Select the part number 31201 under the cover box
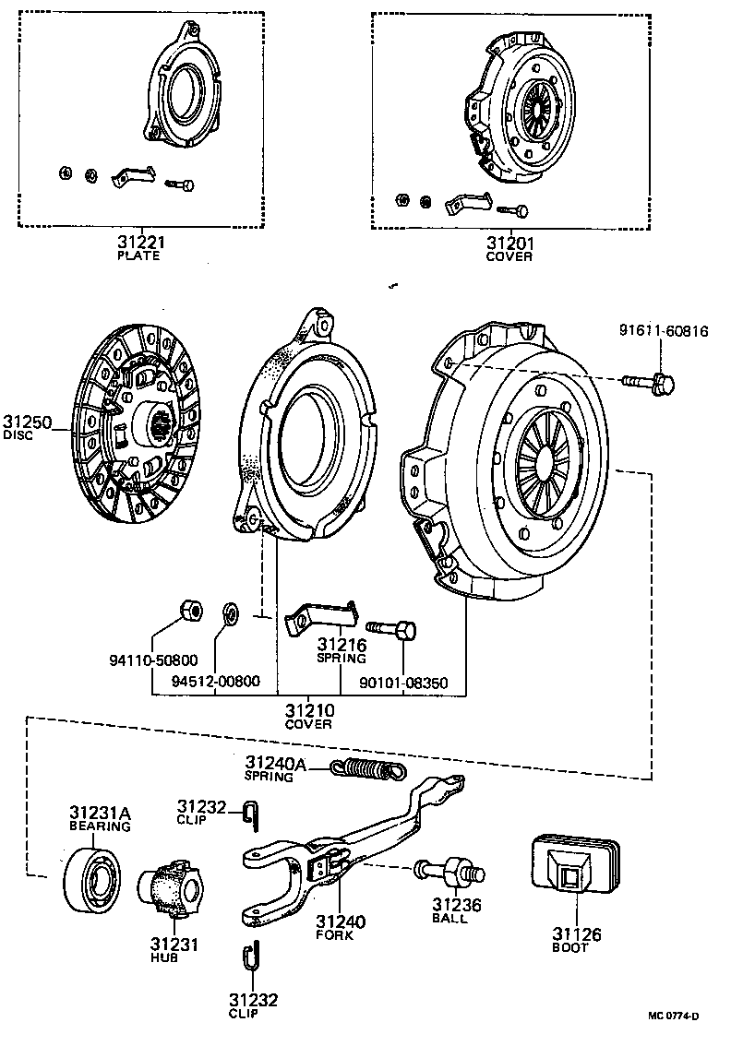coord(509,244)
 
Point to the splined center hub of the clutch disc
coord(160,425)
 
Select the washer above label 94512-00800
coord(230,612)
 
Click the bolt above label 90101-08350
coord(391,631)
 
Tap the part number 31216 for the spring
coord(342,645)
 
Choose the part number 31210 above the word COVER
coord(309,711)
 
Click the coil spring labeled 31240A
coord(368,767)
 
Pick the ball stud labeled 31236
coord(450,872)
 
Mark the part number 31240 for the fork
coord(341,921)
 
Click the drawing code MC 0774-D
coord(673,1016)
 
